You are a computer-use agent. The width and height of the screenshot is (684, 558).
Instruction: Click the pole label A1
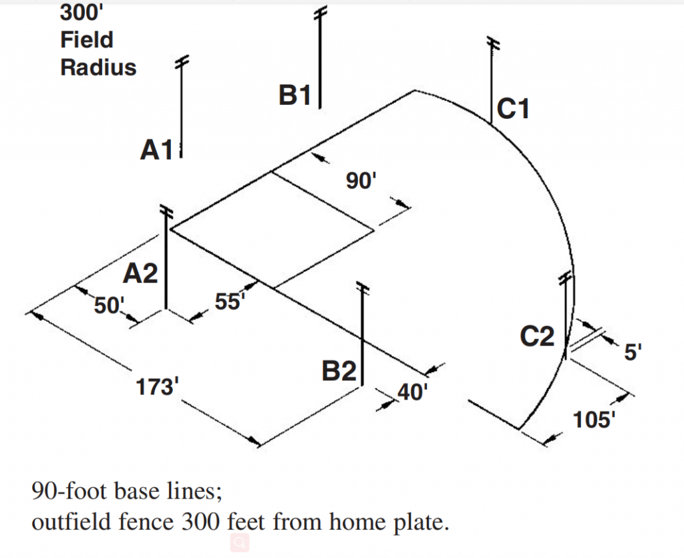(x=156, y=150)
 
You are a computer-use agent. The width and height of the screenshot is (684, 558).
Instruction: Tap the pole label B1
(x=295, y=96)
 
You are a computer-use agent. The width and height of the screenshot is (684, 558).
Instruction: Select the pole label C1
(x=513, y=108)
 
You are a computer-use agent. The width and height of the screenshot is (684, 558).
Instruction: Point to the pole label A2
(x=141, y=273)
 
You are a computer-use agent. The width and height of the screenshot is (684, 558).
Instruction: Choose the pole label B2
(x=339, y=371)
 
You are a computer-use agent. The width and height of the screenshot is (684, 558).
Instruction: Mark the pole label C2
(x=538, y=337)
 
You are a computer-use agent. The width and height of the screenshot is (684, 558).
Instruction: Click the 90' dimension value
(x=362, y=181)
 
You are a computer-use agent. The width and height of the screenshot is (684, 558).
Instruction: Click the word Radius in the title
(x=98, y=67)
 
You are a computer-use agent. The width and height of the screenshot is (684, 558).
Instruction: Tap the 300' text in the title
(x=78, y=12)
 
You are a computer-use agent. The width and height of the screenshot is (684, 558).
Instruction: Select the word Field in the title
(x=87, y=40)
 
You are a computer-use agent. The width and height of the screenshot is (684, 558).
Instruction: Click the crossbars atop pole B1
(x=321, y=13)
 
